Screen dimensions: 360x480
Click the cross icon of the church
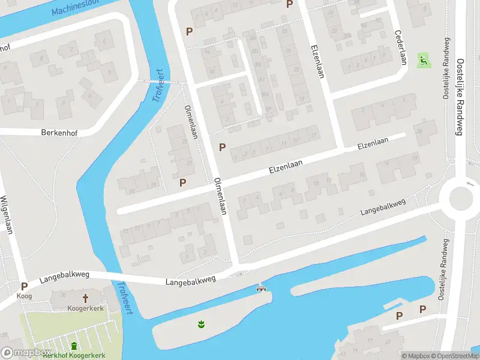(85, 298)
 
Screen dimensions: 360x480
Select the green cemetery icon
(74, 346)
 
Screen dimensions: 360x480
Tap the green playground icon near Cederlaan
(423, 59)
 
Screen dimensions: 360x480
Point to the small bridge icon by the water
(261, 289)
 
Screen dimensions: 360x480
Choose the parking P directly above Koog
(24, 287)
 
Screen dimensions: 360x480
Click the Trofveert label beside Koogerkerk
(125, 295)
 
